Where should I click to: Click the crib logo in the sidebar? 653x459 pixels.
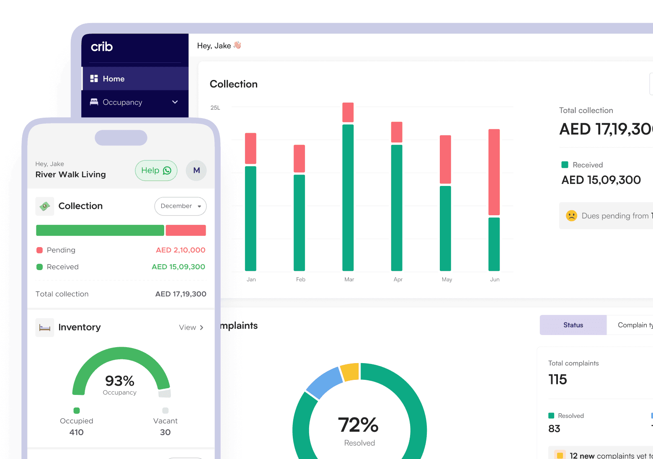coord(102,47)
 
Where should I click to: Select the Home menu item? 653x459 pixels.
coord(114,79)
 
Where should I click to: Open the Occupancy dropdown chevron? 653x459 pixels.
coord(175,102)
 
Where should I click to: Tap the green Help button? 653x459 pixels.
coord(156,170)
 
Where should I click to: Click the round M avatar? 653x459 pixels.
coord(196,170)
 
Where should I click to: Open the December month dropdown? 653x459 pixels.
coord(181,206)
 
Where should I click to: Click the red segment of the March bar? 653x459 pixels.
coord(348,112)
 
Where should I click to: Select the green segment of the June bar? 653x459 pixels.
coord(494,244)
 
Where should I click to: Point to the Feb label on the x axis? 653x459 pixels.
coord(301,279)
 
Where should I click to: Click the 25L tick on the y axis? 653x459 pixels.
coord(215,108)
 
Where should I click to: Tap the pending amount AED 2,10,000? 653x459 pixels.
coord(181,250)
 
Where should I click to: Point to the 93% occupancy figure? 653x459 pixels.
coord(120,381)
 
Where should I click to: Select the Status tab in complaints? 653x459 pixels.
coord(573,325)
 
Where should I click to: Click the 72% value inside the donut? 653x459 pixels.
coord(358,425)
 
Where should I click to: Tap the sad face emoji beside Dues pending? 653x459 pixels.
coord(571,216)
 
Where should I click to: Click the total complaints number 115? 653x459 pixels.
coord(558,379)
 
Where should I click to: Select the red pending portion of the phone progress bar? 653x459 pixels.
coord(186,230)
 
